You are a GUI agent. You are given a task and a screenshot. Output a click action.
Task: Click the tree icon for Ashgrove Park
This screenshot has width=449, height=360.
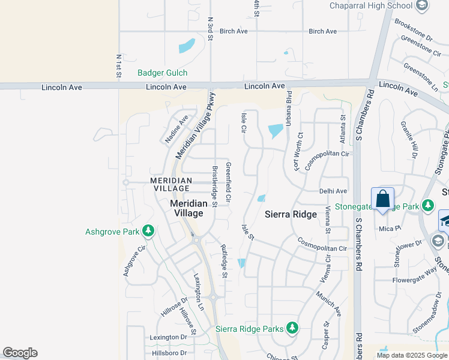pos(148,231)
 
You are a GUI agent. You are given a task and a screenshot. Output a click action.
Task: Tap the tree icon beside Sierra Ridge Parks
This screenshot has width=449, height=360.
pos(292,328)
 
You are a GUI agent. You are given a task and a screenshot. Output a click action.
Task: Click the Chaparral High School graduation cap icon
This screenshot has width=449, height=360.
pos(422,5)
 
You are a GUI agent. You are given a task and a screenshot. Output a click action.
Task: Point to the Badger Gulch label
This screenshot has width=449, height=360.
pos(162,73)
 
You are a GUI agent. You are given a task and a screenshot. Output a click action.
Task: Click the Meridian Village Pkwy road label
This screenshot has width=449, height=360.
pos(195,125)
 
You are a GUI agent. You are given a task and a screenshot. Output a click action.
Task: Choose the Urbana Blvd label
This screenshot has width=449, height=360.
pos(289,108)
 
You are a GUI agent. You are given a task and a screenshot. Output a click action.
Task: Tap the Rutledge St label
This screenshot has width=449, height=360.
pos(224,261)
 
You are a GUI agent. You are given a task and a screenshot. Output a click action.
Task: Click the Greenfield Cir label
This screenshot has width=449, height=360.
pos(228,181)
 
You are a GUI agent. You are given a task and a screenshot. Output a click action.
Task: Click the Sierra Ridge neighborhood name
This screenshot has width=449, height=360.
pos(291,214)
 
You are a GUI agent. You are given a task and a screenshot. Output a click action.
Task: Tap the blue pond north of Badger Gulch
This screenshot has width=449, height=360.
pos(187,46)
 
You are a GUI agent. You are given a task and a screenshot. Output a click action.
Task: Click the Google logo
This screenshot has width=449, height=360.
pos(20,353)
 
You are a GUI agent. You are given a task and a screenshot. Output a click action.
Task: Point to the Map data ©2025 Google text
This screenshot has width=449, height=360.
pos(412,355)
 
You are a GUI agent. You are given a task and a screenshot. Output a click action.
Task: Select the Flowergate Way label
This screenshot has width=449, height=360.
pos(415,280)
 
